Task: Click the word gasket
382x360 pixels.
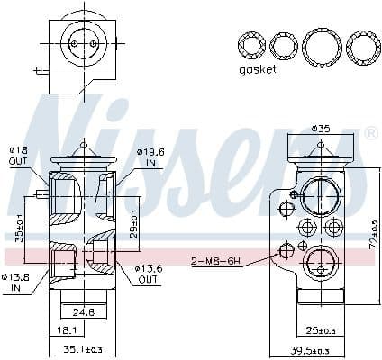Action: pyautogui.click(x=259, y=69)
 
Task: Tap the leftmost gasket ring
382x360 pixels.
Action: pyautogui.click(x=250, y=44)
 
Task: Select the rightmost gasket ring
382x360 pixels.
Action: pyautogui.click(x=362, y=45)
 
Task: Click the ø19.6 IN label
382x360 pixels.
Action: pyautogui.click(x=150, y=157)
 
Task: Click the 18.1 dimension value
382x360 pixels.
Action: pyautogui.click(x=65, y=330)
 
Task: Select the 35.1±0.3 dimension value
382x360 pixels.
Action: pyautogui.click(x=85, y=350)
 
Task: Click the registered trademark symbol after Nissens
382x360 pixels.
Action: pyautogui.click(x=370, y=133)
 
